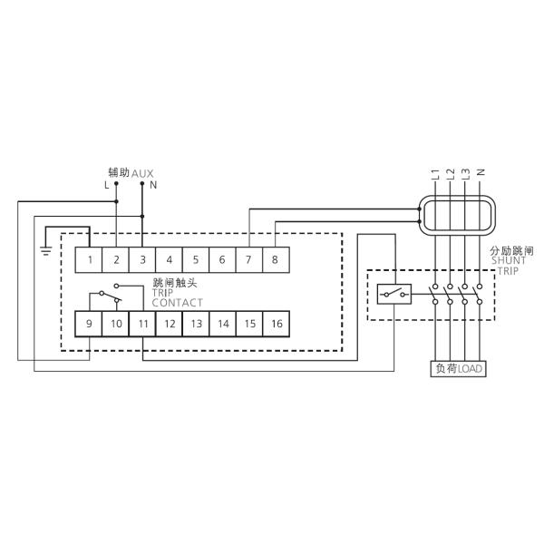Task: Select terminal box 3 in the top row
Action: [x=142, y=260]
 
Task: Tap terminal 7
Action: [x=248, y=260]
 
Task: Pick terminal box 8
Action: [x=275, y=260]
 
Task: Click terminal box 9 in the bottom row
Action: [x=90, y=324]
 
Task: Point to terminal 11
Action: [x=142, y=324]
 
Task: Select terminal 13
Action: [x=196, y=324]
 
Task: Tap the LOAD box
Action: [x=458, y=368]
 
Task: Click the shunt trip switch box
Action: [x=394, y=293]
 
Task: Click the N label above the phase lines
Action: [x=480, y=172]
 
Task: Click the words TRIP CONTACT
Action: [x=177, y=297]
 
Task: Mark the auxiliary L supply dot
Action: [x=116, y=184]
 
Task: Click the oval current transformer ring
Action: [x=458, y=215]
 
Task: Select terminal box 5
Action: [x=196, y=260]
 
